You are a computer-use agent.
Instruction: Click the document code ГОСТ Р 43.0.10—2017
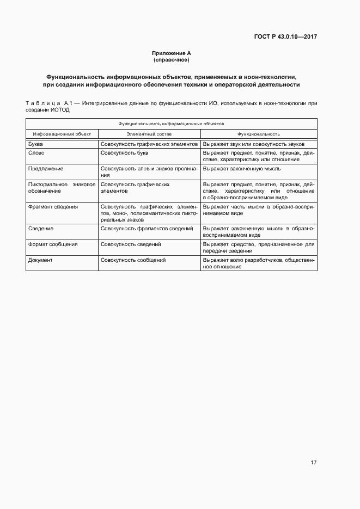point(285,37)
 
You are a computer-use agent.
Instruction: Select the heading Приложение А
point(172,53)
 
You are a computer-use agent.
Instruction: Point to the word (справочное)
point(172,59)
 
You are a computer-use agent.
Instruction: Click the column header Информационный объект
point(62,134)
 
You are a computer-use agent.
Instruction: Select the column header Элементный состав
point(149,134)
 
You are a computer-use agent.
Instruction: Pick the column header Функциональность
point(258,134)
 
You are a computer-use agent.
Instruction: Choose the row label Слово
point(36,154)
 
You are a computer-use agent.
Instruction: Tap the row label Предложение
point(42,169)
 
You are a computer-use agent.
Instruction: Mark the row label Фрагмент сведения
point(53,207)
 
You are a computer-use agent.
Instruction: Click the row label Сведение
point(41,229)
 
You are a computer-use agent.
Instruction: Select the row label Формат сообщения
point(53,244)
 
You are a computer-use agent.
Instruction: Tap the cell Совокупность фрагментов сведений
point(147,229)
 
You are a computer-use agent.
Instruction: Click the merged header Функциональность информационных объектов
point(171,124)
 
